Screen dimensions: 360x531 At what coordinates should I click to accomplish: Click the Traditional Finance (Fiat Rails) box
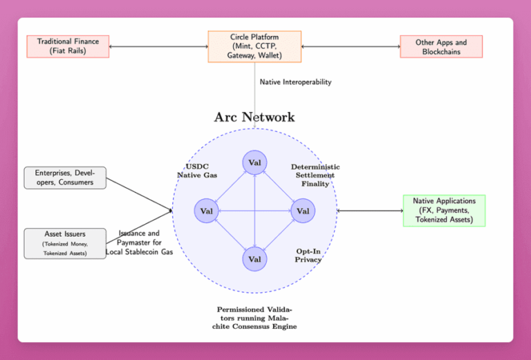pos(68,46)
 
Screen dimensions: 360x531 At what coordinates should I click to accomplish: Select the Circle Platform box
pos(254,46)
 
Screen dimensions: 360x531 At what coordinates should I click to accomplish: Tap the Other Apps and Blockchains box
pos(441,46)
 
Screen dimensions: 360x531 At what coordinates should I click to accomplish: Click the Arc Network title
pos(254,117)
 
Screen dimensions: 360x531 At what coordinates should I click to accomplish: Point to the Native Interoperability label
pos(295,82)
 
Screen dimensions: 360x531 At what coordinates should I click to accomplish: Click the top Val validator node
pos(254,162)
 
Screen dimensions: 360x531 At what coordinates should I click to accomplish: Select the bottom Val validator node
pos(254,259)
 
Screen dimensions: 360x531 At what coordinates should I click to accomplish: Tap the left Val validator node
pos(206,211)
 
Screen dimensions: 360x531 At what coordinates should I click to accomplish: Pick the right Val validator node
pos(303,211)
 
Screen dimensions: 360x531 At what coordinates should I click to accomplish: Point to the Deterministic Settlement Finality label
pos(315,176)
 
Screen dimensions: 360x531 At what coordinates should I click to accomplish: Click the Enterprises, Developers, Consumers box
pos(65,178)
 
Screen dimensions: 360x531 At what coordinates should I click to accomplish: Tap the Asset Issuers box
pos(65,243)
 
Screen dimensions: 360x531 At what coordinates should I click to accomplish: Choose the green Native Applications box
pos(444,210)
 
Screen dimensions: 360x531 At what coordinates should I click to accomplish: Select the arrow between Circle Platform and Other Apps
pos(351,46)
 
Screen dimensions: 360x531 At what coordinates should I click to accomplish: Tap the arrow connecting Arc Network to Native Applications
pos(370,210)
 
